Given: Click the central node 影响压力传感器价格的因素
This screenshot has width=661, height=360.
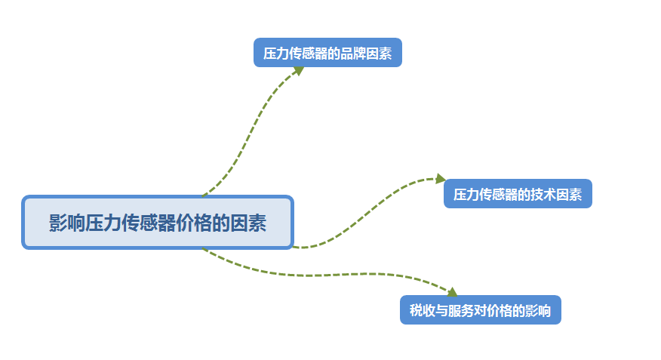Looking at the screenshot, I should [157, 223].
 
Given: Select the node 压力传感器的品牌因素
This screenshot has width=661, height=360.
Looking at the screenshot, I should [327, 53].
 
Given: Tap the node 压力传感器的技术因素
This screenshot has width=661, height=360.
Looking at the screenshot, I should [518, 194].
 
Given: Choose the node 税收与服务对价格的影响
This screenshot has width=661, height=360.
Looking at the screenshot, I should [480, 309].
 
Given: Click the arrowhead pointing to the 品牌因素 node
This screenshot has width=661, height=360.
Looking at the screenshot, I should [298, 69].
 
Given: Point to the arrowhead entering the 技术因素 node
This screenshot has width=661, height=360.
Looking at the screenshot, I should [441, 179].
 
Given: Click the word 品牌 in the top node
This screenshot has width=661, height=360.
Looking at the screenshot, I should [359, 54].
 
